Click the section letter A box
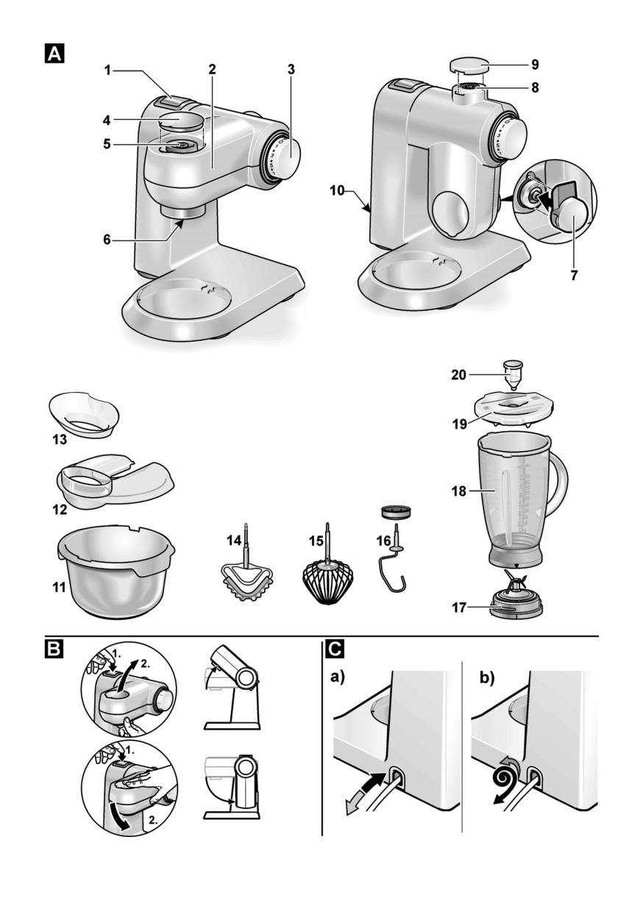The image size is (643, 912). point(54,54)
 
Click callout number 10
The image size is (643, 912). point(337,190)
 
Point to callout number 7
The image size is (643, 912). point(574,276)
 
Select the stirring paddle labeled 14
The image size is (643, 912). point(247,567)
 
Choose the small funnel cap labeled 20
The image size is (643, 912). point(514,374)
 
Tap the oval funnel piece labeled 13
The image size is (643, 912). point(84,415)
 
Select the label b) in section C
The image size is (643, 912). point(487,678)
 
